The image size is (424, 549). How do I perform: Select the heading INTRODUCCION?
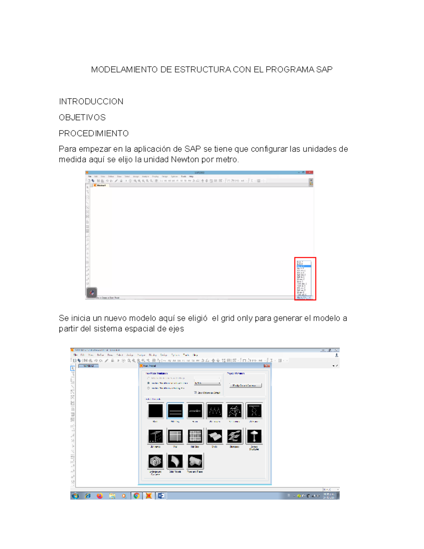(x=91, y=102)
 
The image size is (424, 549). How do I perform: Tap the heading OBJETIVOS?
(x=82, y=117)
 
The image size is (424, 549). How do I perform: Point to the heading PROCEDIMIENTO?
(x=94, y=133)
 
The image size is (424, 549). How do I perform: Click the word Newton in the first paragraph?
(x=185, y=159)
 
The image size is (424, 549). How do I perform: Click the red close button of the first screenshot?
(x=310, y=173)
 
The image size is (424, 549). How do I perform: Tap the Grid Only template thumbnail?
(x=175, y=411)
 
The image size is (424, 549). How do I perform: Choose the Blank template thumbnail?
(x=155, y=411)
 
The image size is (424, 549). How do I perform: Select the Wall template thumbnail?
(x=175, y=436)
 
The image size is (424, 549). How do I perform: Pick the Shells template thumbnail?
(x=214, y=436)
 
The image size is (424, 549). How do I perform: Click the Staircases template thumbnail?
(x=234, y=436)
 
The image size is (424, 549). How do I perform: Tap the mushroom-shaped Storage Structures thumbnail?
(x=254, y=436)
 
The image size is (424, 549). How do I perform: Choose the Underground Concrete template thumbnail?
(x=155, y=461)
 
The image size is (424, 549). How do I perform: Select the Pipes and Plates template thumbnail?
(x=195, y=461)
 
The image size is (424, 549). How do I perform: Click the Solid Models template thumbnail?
(x=175, y=461)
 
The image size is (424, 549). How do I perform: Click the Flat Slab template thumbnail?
(x=195, y=436)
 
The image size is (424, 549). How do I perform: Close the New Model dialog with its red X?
(x=266, y=366)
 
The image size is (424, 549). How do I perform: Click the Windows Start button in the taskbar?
(x=75, y=496)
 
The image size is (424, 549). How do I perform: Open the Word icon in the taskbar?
(x=161, y=496)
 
